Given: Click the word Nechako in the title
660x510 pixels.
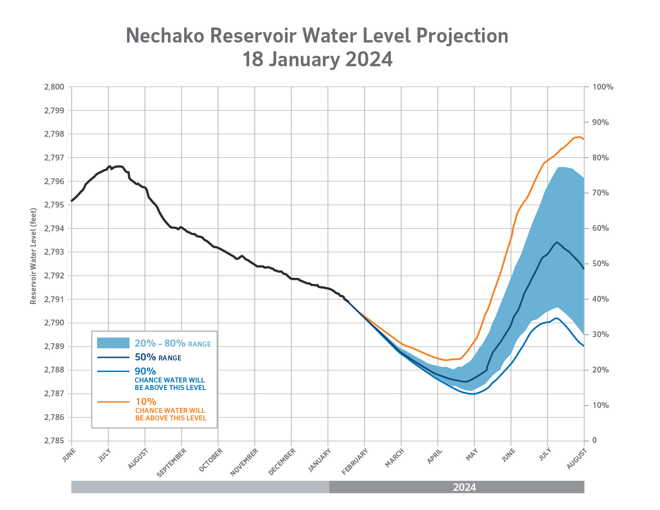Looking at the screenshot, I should (165, 36).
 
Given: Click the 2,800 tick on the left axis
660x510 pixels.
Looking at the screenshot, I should (54, 87).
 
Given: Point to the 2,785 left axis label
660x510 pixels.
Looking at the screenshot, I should (54, 441).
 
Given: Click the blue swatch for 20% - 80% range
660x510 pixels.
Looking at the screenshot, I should (113, 343).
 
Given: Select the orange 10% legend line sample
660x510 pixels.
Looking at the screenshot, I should (113, 402).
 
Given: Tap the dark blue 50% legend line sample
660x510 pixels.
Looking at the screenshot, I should (113, 357).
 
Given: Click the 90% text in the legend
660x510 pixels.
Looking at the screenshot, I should (145, 371).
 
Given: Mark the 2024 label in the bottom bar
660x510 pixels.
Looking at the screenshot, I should (464, 487).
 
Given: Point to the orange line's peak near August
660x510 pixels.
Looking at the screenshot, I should (579, 137).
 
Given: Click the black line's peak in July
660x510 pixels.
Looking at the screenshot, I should (118, 166).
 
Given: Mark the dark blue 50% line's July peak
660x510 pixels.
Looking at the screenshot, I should (557, 242).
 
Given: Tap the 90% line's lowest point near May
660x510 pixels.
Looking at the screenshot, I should (472, 394).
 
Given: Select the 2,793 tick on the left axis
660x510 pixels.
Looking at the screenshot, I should (54, 252).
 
